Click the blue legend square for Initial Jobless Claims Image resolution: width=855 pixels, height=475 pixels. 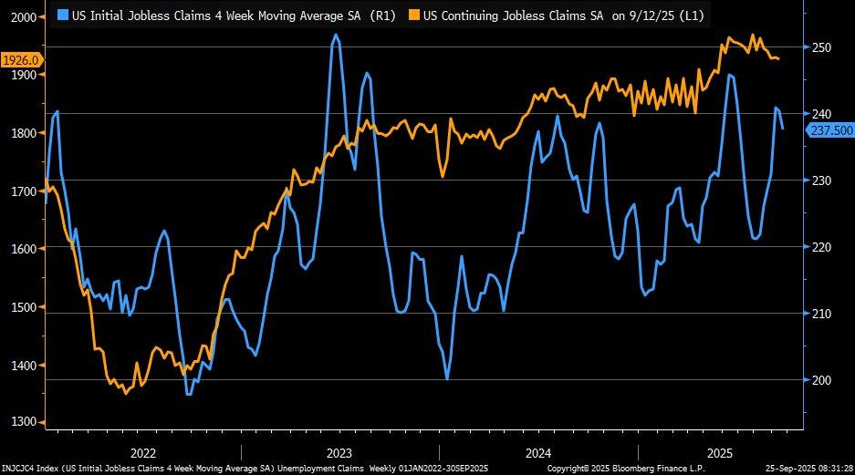tap(62, 15)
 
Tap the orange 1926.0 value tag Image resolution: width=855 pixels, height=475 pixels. tap(20, 60)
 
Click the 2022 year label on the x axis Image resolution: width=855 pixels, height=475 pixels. tap(143, 452)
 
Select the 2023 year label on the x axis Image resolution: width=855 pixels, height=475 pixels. tap(339, 452)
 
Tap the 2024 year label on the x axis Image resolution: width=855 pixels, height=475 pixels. tap(538, 452)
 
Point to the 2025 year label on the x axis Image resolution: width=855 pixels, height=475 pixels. tap(721, 452)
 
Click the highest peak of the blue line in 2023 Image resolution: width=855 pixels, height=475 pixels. tap(336, 35)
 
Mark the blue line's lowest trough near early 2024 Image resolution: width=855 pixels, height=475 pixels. tap(447, 378)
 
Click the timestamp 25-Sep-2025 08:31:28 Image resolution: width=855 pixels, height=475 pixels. tap(807, 469)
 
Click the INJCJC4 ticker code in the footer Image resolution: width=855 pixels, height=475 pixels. tap(21, 469)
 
